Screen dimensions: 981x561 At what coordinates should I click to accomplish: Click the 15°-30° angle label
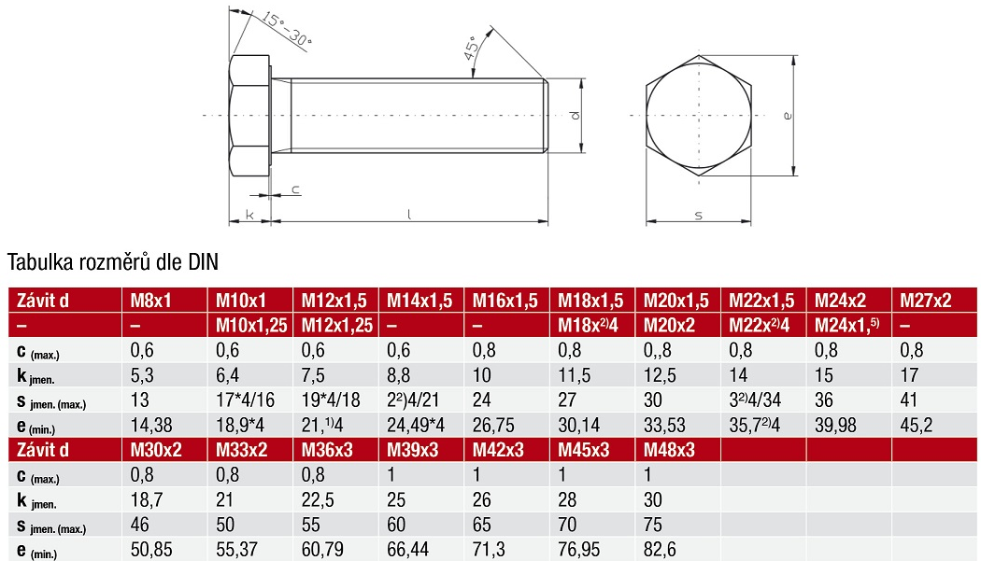pyautogui.click(x=286, y=29)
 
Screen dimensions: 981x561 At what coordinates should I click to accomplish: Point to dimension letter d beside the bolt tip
pyautogui.click(x=575, y=115)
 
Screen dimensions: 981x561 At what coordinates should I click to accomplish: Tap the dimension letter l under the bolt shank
pyautogui.click(x=409, y=214)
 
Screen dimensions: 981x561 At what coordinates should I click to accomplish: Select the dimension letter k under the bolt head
pyautogui.click(x=249, y=215)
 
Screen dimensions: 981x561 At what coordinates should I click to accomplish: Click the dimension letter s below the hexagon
pyautogui.click(x=698, y=216)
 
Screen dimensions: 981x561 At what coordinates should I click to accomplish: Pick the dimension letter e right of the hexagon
pyautogui.click(x=787, y=116)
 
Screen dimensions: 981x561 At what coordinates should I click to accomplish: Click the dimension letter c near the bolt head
pyautogui.click(x=295, y=189)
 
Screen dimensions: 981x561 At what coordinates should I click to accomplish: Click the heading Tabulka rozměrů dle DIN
pyautogui.click(x=113, y=262)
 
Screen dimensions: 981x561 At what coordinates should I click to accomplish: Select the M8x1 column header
pyautogui.click(x=150, y=301)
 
